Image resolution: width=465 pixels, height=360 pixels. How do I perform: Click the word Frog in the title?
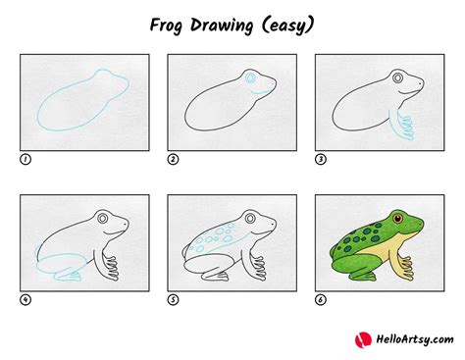pos(166,23)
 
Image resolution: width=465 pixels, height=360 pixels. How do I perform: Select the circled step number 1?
pos(24,158)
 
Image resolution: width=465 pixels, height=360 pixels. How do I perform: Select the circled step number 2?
pos(172,158)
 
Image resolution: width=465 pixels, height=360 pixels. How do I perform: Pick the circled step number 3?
pos(320,158)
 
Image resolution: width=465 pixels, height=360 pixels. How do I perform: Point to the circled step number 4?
pos(24,299)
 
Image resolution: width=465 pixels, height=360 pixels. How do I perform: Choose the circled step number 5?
pos(172,299)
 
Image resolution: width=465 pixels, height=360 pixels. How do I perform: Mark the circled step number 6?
pos(320,299)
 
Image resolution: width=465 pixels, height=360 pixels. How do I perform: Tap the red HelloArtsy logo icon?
pos(361,338)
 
